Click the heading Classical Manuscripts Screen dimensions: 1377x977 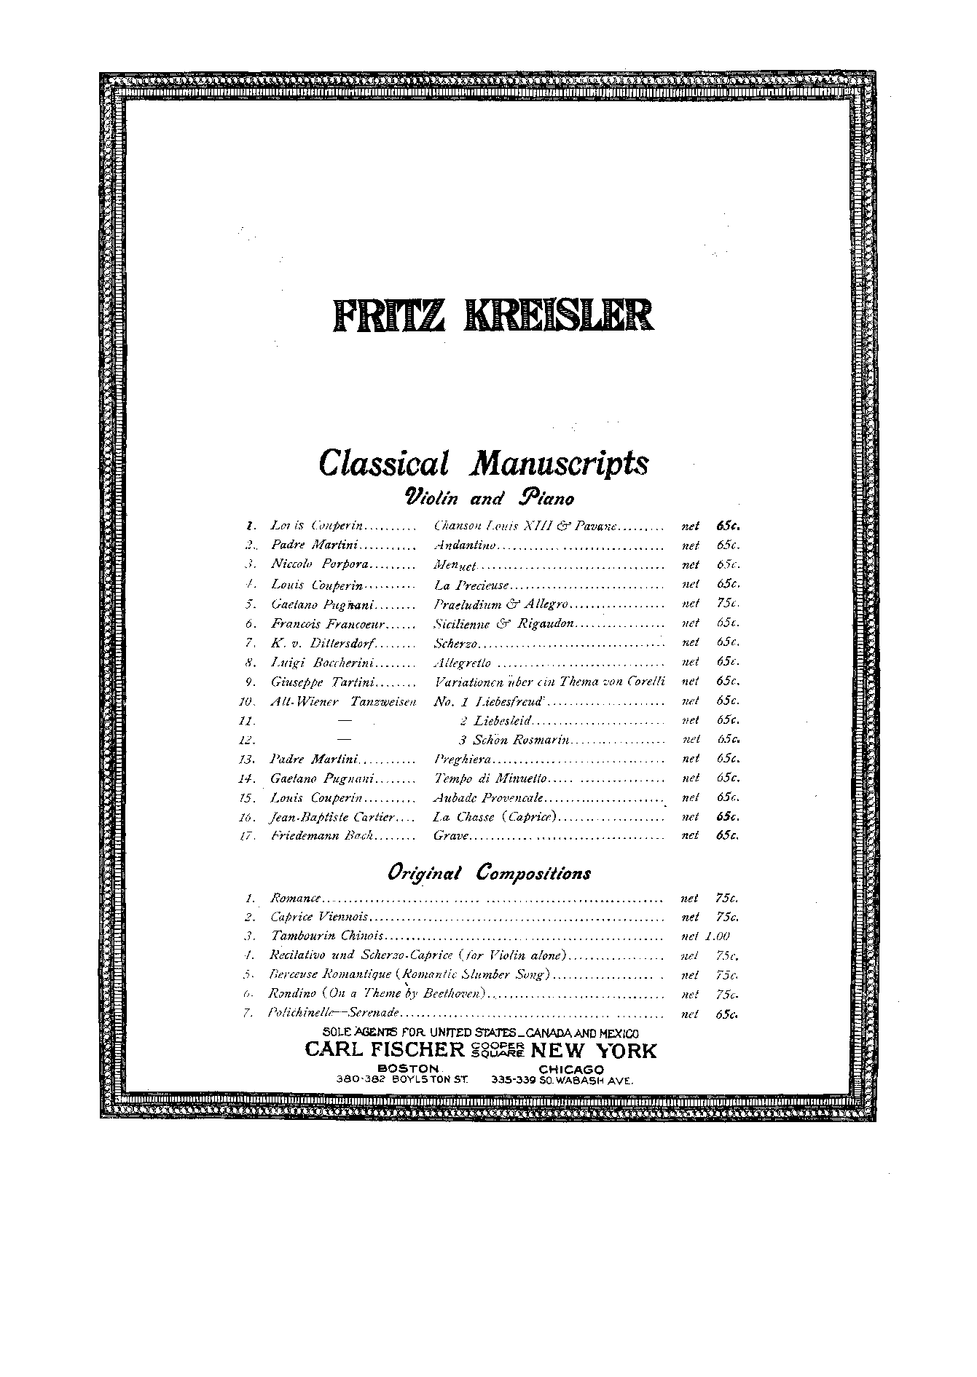coord(483,464)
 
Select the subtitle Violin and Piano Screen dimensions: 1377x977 coord(489,498)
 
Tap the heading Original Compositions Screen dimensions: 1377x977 coord(489,873)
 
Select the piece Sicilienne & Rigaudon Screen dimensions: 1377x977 coord(504,623)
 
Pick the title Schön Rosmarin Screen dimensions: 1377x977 coord(513,740)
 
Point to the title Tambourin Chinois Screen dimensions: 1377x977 coord(326,936)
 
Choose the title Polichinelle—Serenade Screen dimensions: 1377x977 coord(334,1014)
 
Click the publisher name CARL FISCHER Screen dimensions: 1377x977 coord(385,1050)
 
